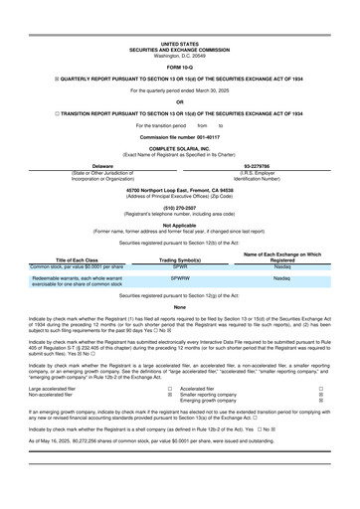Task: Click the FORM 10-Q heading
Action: [x=179, y=39]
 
